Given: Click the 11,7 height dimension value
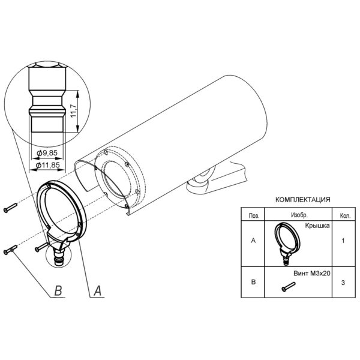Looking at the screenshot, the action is pos(73,111).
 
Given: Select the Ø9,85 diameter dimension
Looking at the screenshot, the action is pos(47,152).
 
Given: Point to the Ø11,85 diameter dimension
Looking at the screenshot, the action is pos(48,165).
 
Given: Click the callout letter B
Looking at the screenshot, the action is pos(58,290).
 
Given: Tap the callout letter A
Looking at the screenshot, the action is pos(98,290).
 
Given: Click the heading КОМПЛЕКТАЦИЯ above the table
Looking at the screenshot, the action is pos(303,200).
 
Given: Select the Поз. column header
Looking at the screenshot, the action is pos(254,216).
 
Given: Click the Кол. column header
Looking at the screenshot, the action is pos(345,216).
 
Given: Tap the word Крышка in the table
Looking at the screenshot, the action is pos(317,226).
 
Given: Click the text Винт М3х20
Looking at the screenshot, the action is pos(312,274).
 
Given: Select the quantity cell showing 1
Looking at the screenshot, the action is pos(343,241).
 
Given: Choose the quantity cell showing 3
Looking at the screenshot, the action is pos(343,283).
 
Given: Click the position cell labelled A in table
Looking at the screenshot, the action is pos(253,241).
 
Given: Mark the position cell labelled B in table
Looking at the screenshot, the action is pos(253,282).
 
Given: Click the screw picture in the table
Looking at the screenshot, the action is pos(289,287).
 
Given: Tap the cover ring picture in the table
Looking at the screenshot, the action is pos(287,244).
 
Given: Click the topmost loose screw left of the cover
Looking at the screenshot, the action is pos(10,208).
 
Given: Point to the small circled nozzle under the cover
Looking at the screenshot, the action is pos(58,255).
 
